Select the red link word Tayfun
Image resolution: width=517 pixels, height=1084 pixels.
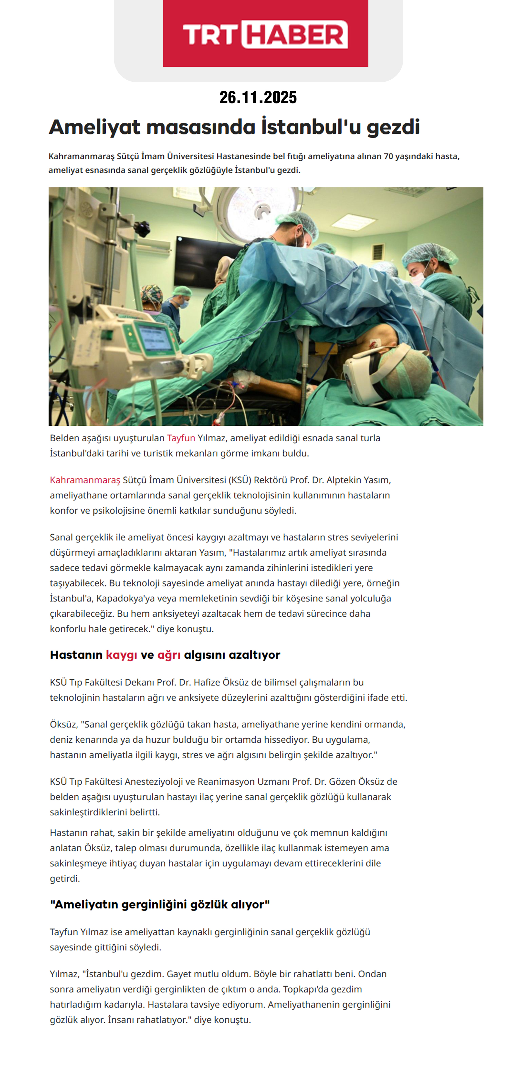pos(181,438)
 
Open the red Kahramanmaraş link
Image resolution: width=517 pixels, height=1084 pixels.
pos(85,480)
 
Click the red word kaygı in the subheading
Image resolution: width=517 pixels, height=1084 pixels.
pos(122,655)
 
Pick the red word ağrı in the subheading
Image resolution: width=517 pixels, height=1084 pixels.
pos(169,655)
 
